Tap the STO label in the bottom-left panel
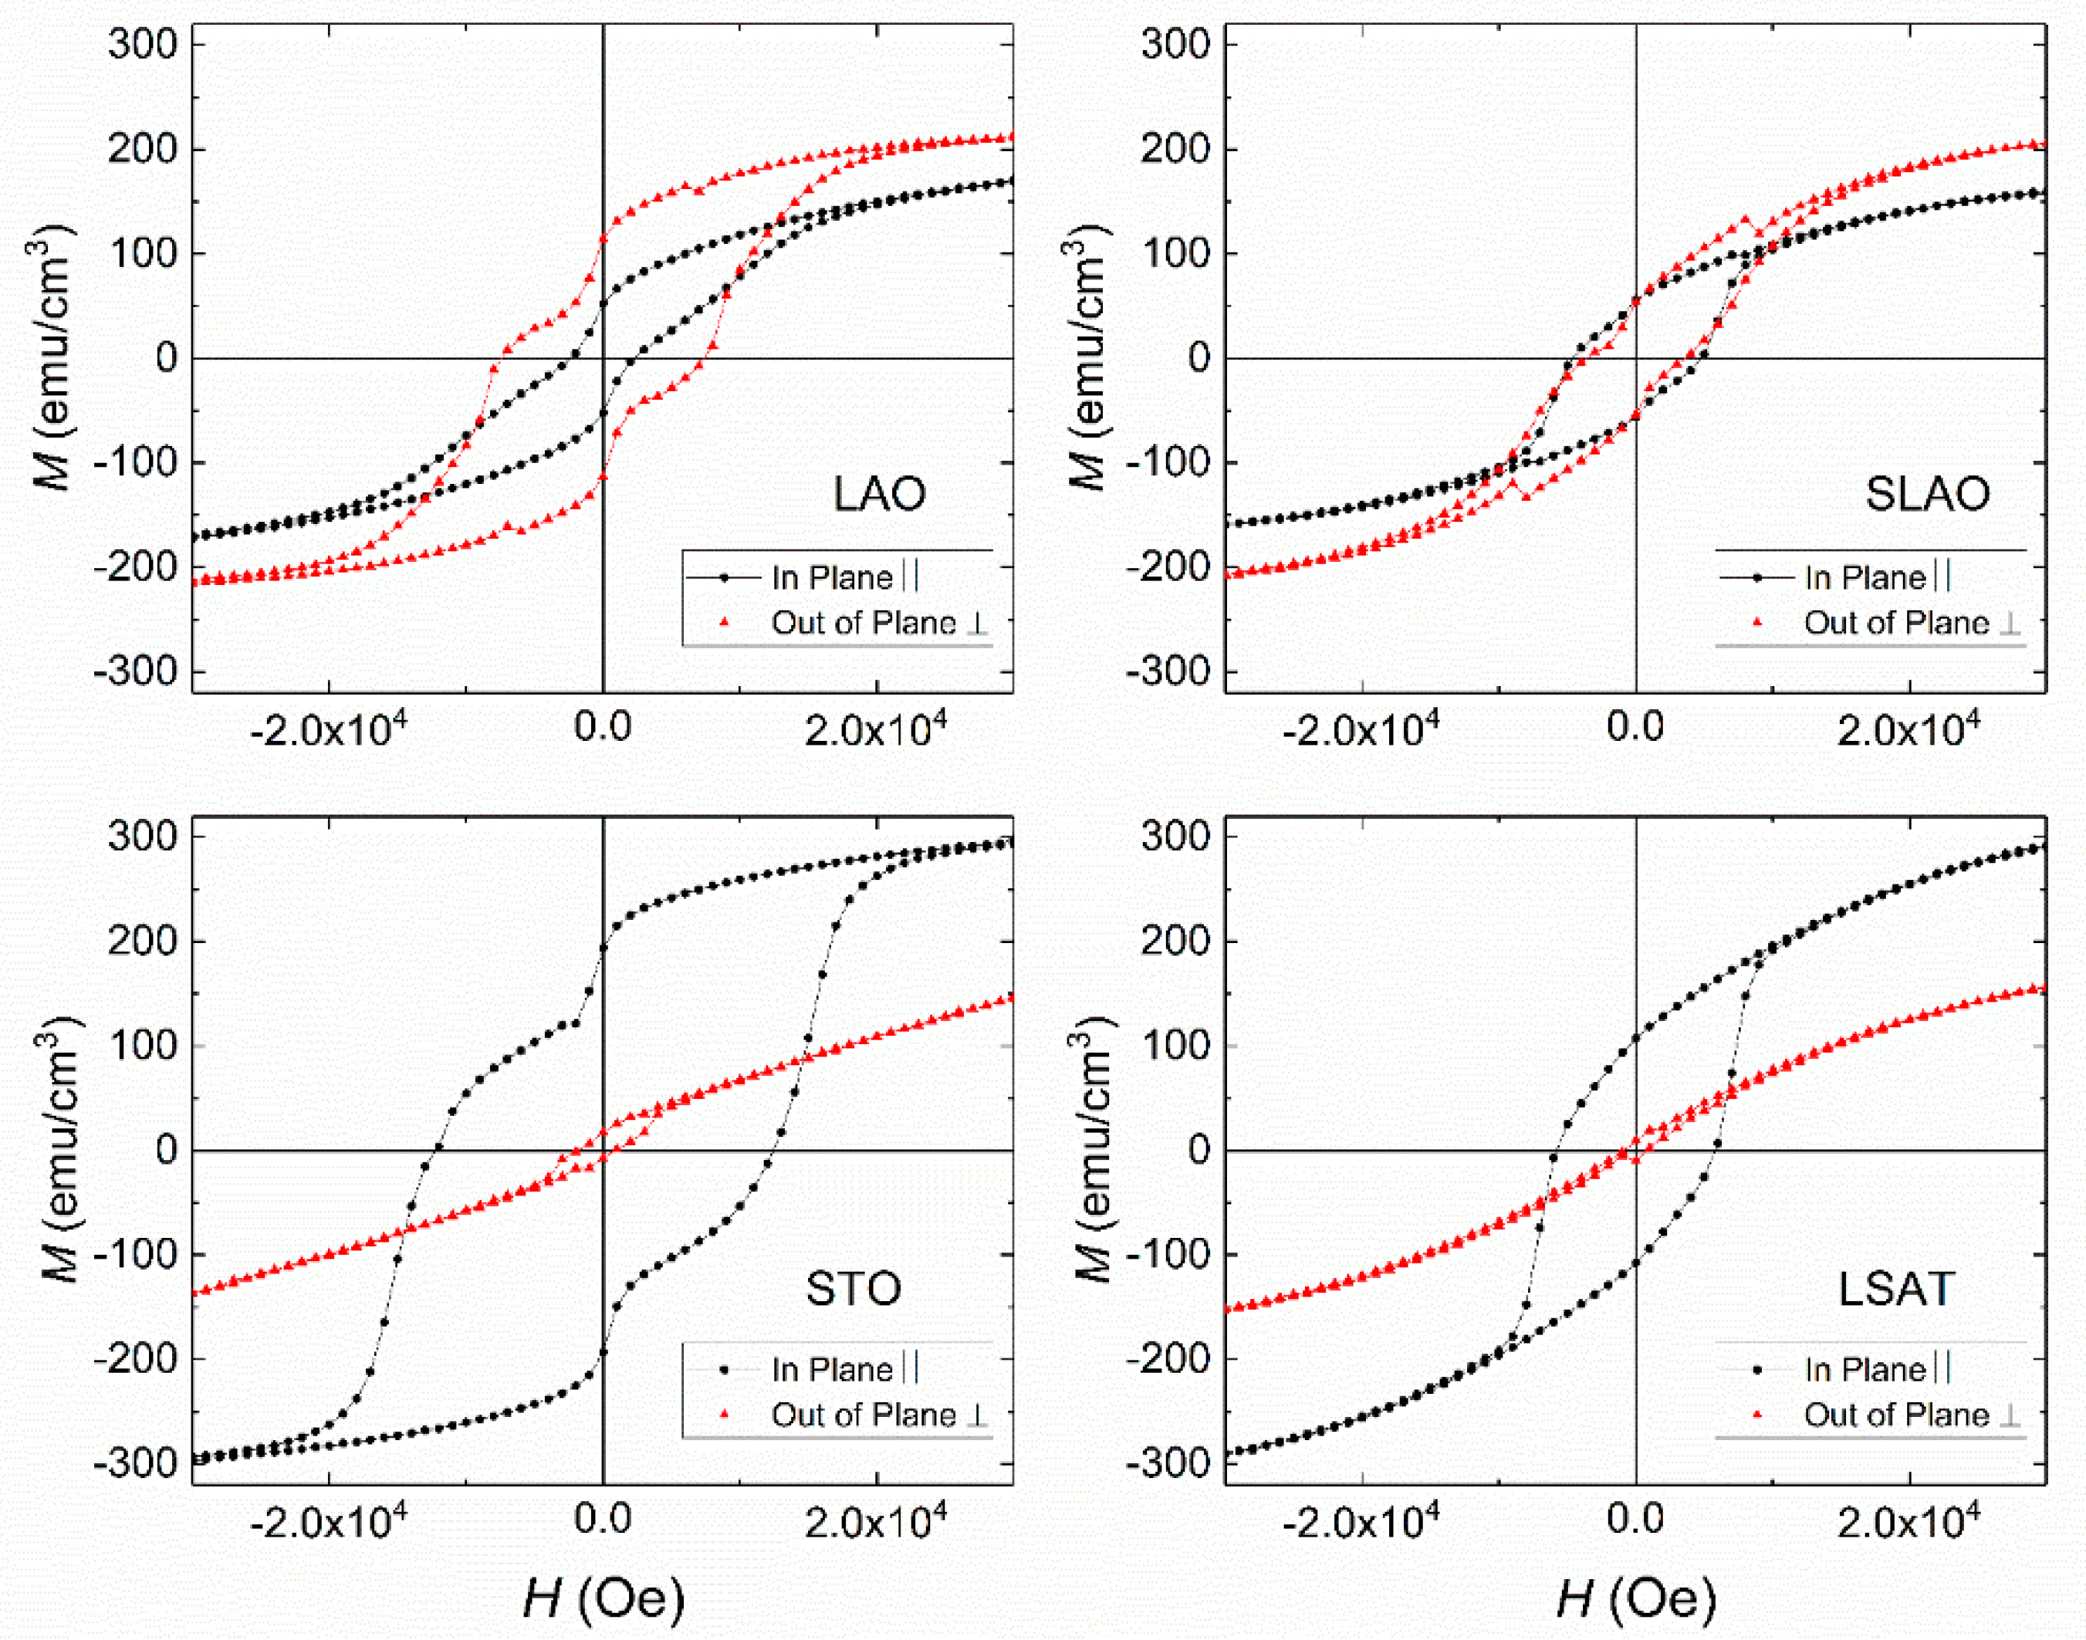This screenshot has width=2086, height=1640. point(853,1289)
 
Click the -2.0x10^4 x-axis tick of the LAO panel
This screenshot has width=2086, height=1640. point(328,730)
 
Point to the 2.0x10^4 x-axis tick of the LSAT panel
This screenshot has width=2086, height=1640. point(1909,1523)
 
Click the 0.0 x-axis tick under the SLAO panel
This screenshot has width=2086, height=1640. point(1635,727)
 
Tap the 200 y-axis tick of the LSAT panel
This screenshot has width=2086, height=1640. point(1176,941)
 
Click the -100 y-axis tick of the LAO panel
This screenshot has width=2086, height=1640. point(137,463)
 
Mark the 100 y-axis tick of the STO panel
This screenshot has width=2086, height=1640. point(143,1046)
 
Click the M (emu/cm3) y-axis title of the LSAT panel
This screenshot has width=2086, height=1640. point(1089,1150)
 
